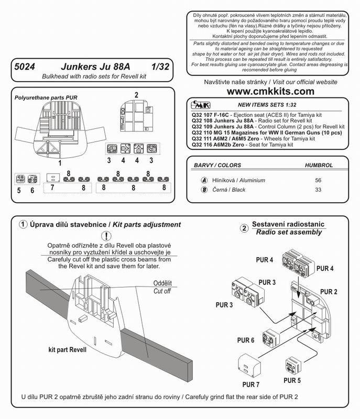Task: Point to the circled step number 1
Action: coord(23,224)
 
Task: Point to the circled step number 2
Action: coord(244,228)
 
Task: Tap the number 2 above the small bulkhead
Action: coord(136,95)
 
